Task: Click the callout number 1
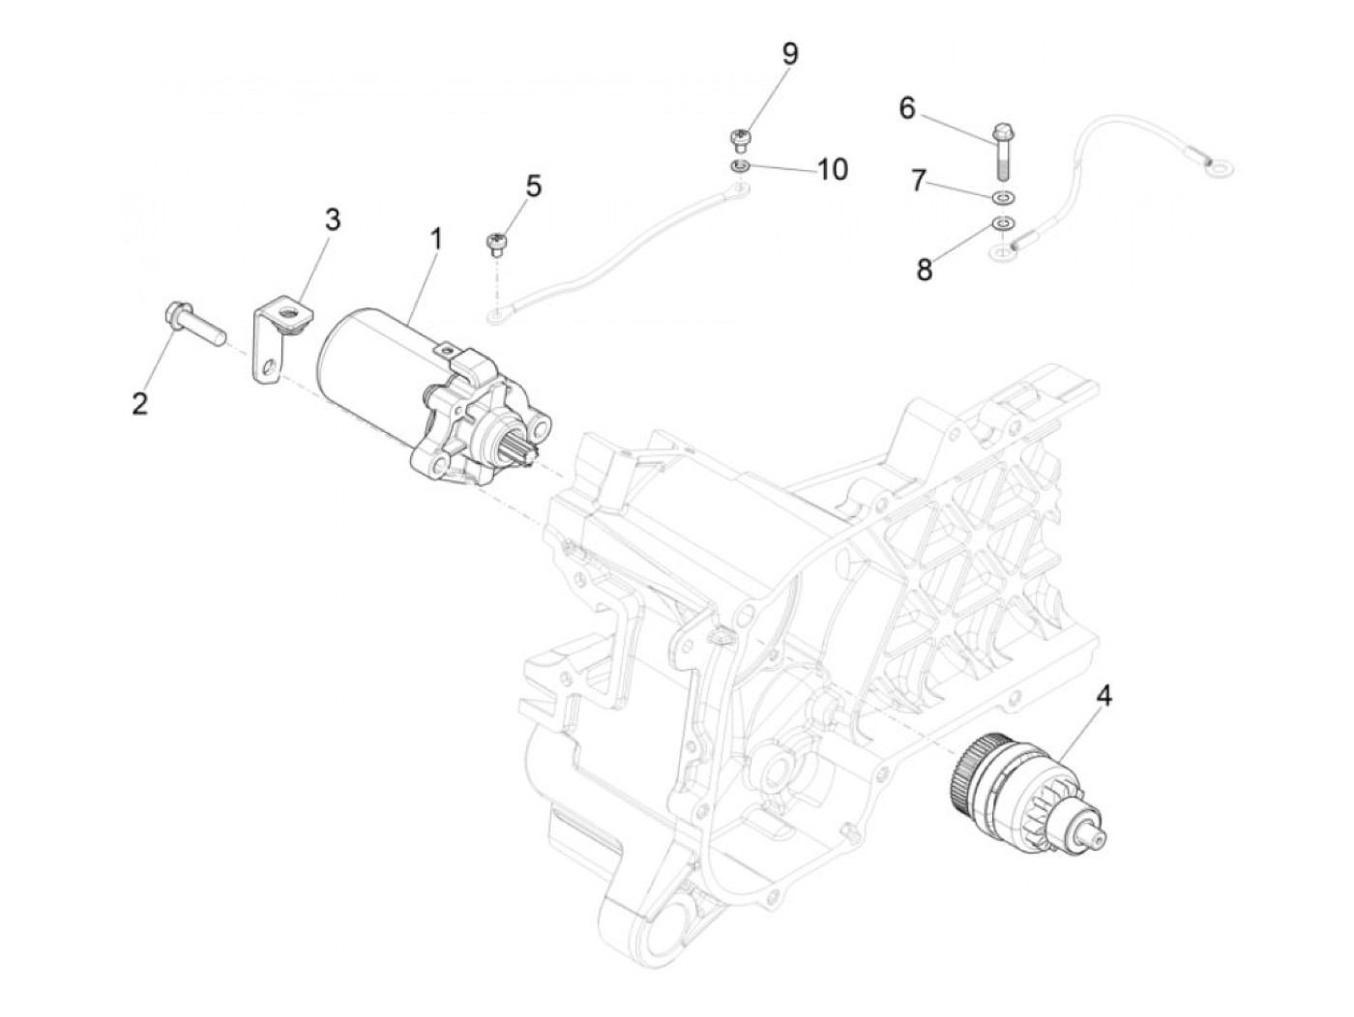pos(435,238)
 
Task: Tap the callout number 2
pos(140,403)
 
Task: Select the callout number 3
pos(332,219)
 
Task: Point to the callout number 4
pos(1104,694)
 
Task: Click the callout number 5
pos(534,186)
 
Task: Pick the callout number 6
pos(906,108)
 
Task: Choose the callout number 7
pos(918,180)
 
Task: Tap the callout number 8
pos(925,270)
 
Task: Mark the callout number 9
pos(790,54)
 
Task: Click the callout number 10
pos(832,170)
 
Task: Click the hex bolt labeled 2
pos(193,323)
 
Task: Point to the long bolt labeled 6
pos(1000,149)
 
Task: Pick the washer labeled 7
pos(1004,198)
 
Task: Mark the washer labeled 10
pos(740,167)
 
